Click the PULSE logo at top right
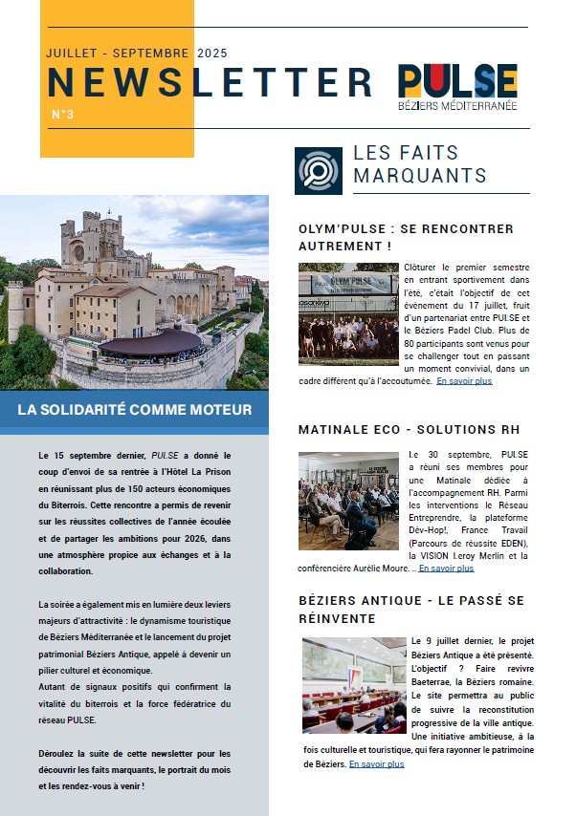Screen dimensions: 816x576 [x=457, y=80]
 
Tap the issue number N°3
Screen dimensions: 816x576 [x=62, y=115]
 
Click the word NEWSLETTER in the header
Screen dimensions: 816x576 [x=210, y=82]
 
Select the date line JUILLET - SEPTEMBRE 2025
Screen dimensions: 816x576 [x=137, y=54]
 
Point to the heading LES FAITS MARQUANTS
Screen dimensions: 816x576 [x=420, y=164]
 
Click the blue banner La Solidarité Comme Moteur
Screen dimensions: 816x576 [x=134, y=410]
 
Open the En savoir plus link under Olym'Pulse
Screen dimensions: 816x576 [x=464, y=381]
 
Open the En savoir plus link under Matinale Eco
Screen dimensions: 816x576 [x=446, y=569]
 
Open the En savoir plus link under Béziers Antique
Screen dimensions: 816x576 [x=376, y=764]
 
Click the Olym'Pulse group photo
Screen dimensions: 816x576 [x=348, y=313]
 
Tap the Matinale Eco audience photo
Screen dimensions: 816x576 [x=348, y=500]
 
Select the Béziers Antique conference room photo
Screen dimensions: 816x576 [x=353, y=684]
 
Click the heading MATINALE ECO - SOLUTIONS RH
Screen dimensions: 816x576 [x=409, y=430]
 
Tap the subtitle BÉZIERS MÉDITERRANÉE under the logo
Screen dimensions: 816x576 [x=457, y=105]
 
